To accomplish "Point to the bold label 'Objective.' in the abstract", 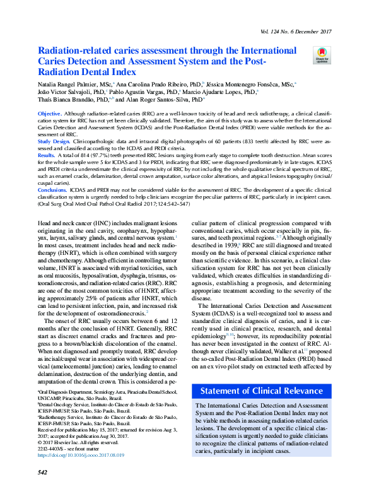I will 50,112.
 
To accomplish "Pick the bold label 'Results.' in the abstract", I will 47,155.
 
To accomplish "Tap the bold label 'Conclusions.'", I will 52,189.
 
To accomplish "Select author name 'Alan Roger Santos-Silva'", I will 166,99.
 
